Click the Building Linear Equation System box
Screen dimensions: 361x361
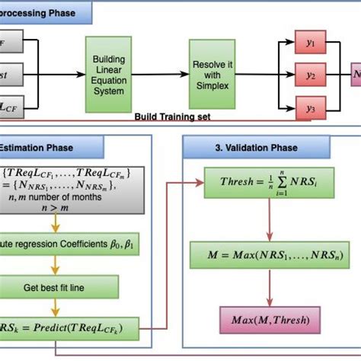coord(110,75)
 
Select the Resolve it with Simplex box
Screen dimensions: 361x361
coord(212,75)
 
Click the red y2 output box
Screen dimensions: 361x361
coord(310,75)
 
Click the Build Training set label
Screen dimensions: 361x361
coord(173,117)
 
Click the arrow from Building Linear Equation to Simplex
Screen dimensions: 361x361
coord(162,75)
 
